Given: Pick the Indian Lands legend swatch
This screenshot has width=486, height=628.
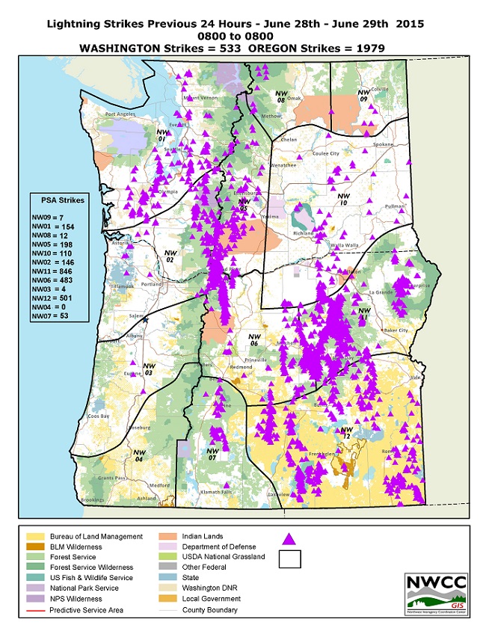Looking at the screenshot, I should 169,537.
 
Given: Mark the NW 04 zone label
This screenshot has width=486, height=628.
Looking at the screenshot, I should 138,455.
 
